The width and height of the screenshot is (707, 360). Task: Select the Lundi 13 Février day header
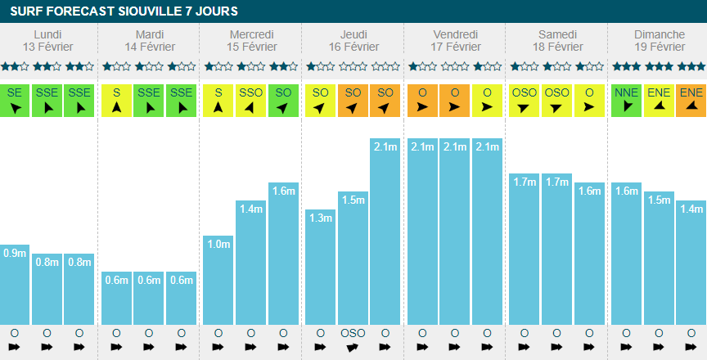click(x=47, y=40)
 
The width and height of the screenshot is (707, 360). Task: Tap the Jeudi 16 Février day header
click(x=353, y=40)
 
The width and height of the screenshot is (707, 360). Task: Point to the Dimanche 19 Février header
click(x=659, y=40)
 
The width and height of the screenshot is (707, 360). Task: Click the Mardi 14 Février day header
click(x=149, y=40)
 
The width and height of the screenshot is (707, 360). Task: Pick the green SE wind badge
click(x=15, y=100)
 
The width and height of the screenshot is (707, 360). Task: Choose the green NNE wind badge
click(x=626, y=100)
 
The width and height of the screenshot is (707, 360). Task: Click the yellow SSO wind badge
click(x=250, y=100)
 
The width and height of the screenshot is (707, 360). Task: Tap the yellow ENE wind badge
click(x=659, y=100)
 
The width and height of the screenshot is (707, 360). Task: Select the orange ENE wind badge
click(x=691, y=100)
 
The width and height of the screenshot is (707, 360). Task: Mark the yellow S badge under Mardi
click(x=117, y=100)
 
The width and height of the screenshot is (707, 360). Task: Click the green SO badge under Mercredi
click(x=283, y=100)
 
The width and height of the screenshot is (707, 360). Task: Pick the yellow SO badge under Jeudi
click(x=320, y=100)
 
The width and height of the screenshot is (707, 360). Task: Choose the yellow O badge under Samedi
click(x=589, y=100)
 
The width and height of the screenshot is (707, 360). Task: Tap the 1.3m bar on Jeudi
click(x=320, y=267)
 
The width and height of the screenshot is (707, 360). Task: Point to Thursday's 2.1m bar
click(x=385, y=232)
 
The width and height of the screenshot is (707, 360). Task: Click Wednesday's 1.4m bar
click(x=250, y=262)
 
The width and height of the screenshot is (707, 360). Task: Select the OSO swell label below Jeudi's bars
click(x=353, y=334)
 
